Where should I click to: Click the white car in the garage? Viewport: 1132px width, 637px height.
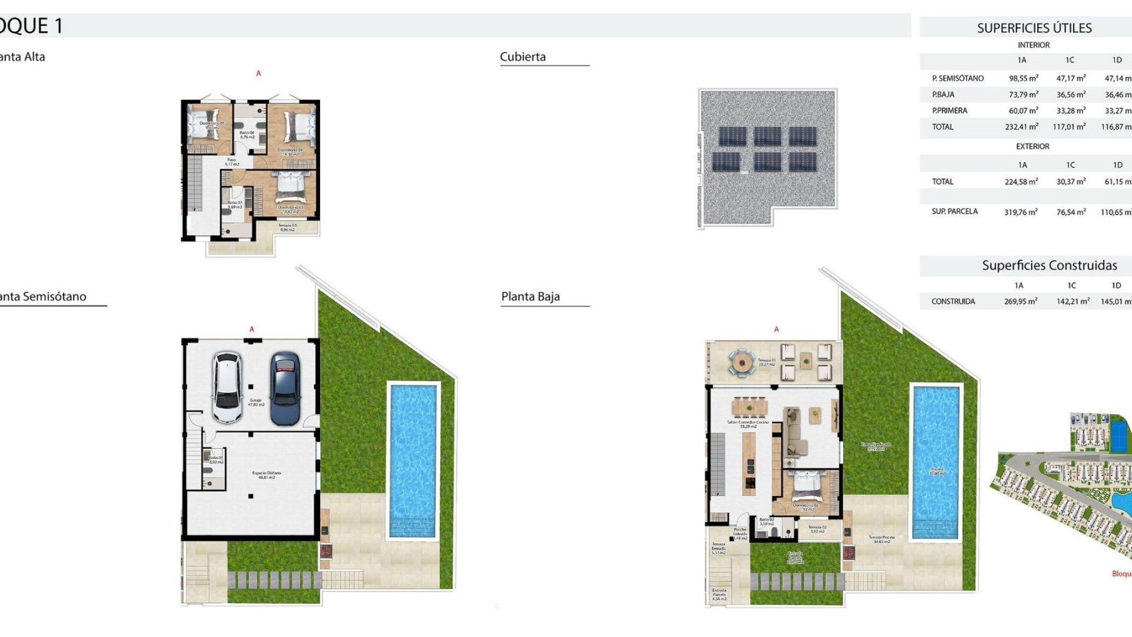point(227,388)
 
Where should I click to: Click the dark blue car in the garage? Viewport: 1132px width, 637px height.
point(285,388)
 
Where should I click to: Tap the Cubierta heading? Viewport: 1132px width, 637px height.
point(522,57)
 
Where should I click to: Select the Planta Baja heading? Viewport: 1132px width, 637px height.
point(530,297)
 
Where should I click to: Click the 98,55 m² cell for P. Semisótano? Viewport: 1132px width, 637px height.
point(1023,78)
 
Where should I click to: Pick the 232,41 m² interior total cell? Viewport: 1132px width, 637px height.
point(1021,127)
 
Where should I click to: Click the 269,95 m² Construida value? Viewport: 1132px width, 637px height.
point(1020,301)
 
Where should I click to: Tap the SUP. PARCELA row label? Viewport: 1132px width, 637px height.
point(954,211)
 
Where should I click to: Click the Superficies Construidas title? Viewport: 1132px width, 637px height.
point(1049,265)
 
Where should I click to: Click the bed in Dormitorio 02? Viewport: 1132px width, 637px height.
point(804,487)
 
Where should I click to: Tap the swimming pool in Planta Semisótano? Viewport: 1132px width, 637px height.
point(413,460)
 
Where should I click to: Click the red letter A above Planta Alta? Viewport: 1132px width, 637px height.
point(258,73)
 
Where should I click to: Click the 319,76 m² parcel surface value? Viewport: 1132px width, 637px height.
point(1020,212)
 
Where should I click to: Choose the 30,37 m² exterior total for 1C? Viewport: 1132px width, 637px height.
point(1070,182)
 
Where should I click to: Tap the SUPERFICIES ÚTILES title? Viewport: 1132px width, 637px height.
point(1034,28)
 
